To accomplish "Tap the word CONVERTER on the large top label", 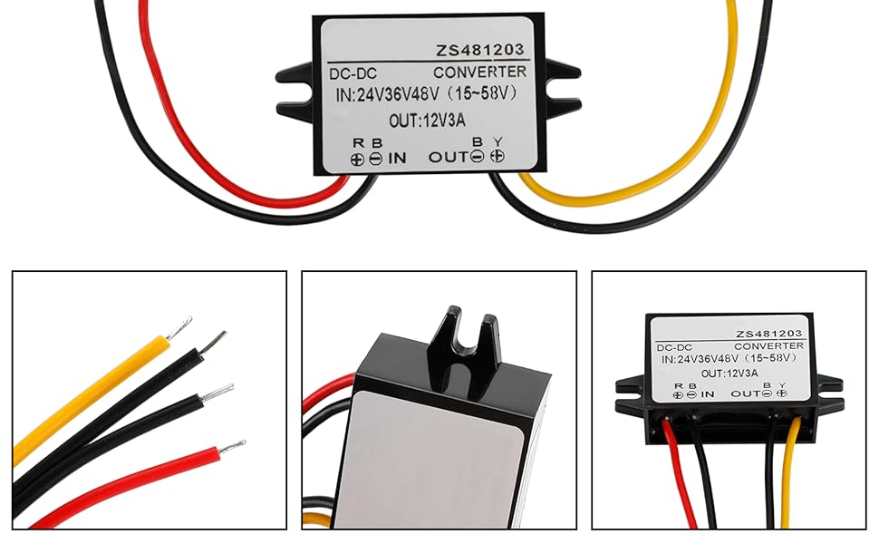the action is pyautogui.click(x=479, y=72).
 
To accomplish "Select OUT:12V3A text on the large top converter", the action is pyautogui.click(x=429, y=119).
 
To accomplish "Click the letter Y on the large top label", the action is pyautogui.click(x=497, y=141).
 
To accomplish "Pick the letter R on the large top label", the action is pyautogui.click(x=358, y=142).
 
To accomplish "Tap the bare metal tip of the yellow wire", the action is pyautogui.click(x=180, y=325).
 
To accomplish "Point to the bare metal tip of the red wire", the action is pyautogui.click(x=231, y=447).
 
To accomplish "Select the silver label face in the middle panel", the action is pyautogui.click(x=426, y=453).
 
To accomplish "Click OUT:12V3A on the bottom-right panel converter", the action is pyautogui.click(x=729, y=373).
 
